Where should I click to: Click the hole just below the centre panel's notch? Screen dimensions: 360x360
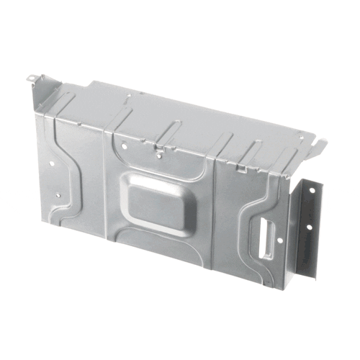[160, 156]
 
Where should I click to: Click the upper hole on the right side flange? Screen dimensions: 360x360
[312, 190]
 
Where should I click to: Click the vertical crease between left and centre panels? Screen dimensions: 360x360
[107, 180]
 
